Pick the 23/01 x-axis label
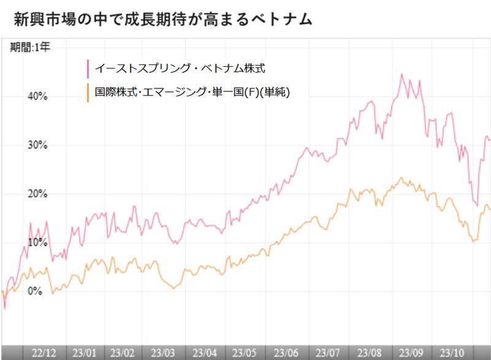pyautogui.click(x=84, y=353)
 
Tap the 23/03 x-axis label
pyautogui.click(x=164, y=353)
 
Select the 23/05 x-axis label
pyautogui.click(x=245, y=353)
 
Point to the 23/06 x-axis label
pyautogui.click(x=286, y=353)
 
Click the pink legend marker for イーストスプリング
pyautogui.click(x=88, y=67)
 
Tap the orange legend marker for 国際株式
pyautogui.click(x=88, y=93)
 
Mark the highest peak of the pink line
pyautogui.click(x=401, y=74)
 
